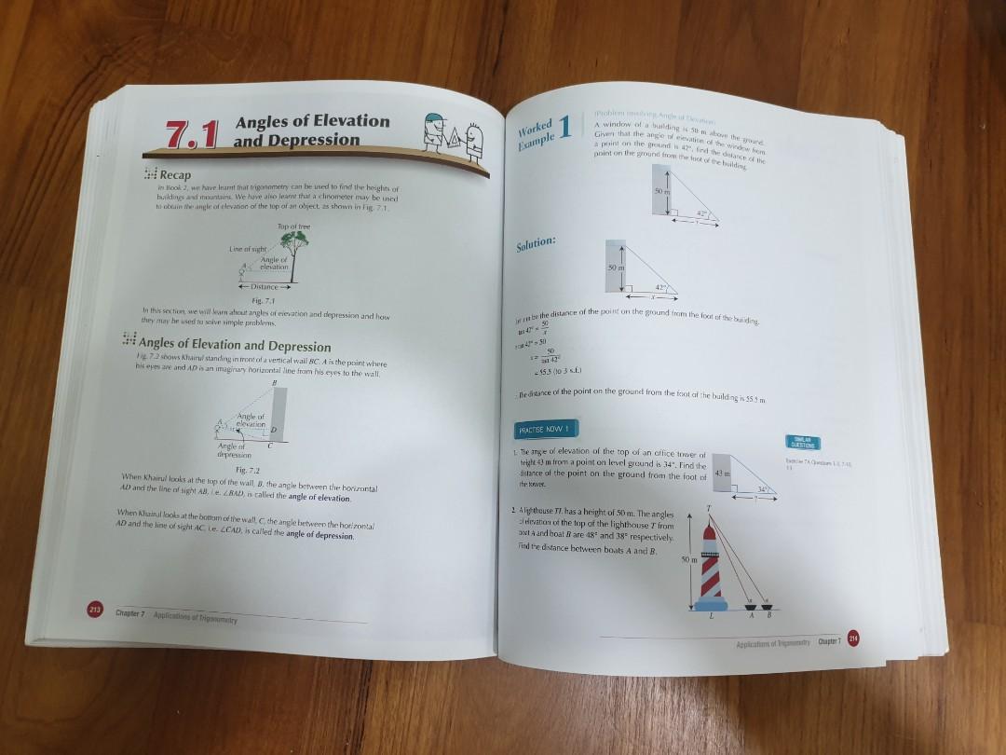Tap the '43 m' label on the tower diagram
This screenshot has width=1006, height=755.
(x=717, y=476)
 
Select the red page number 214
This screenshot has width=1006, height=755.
(x=852, y=638)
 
